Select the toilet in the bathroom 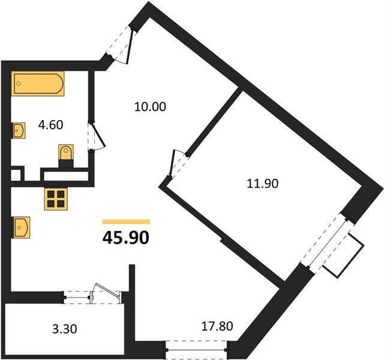click(x=65, y=155)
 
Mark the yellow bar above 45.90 click(x=126, y=221)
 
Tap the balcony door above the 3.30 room click(x=93, y=295)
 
